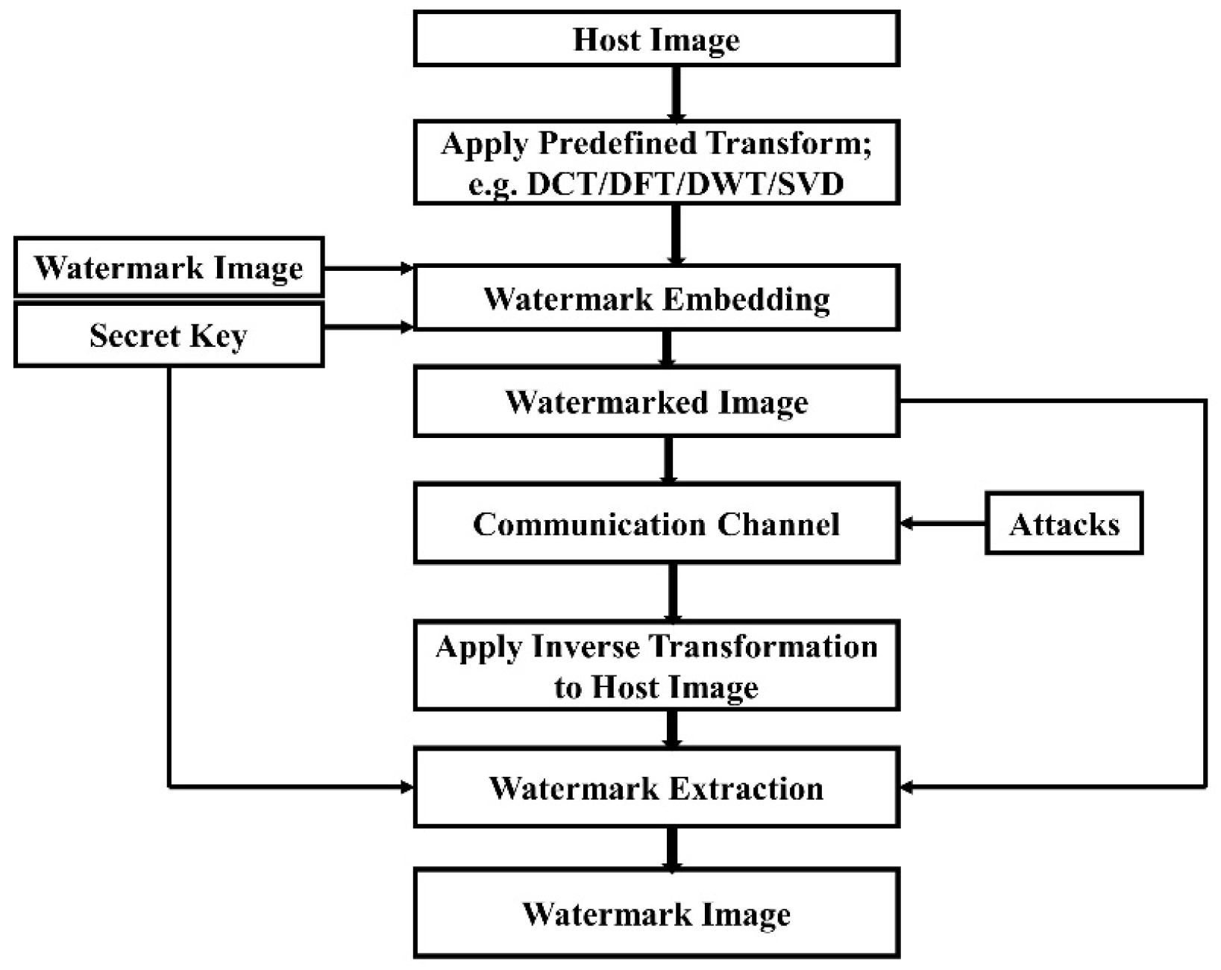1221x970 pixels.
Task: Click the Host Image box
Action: (x=656, y=39)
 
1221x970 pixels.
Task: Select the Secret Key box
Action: (x=169, y=335)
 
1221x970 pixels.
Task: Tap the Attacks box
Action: (x=1064, y=524)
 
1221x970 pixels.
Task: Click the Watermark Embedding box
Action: (x=656, y=298)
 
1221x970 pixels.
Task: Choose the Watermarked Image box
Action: (x=656, y=402)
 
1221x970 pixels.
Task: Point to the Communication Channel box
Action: (x=656, y=524)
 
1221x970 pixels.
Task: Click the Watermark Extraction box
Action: (x=656, y=788)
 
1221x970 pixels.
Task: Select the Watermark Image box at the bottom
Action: (x=656, y=913)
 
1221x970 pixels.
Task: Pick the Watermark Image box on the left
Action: (x=169, y=267)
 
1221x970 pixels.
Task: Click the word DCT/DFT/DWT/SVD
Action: (x=685, y=184)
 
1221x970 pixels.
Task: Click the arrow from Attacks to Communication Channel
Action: (x=943, y=524)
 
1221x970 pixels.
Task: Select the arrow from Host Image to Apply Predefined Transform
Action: (x=676, y=93)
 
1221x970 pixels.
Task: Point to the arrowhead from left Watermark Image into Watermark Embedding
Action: (x=407, y=268)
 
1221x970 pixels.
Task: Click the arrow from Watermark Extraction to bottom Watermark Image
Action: (x=672, y=848)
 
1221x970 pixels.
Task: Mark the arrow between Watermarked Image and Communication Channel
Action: (x=668, y=460)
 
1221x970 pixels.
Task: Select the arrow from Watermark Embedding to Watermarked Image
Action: (x=667, y=348)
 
